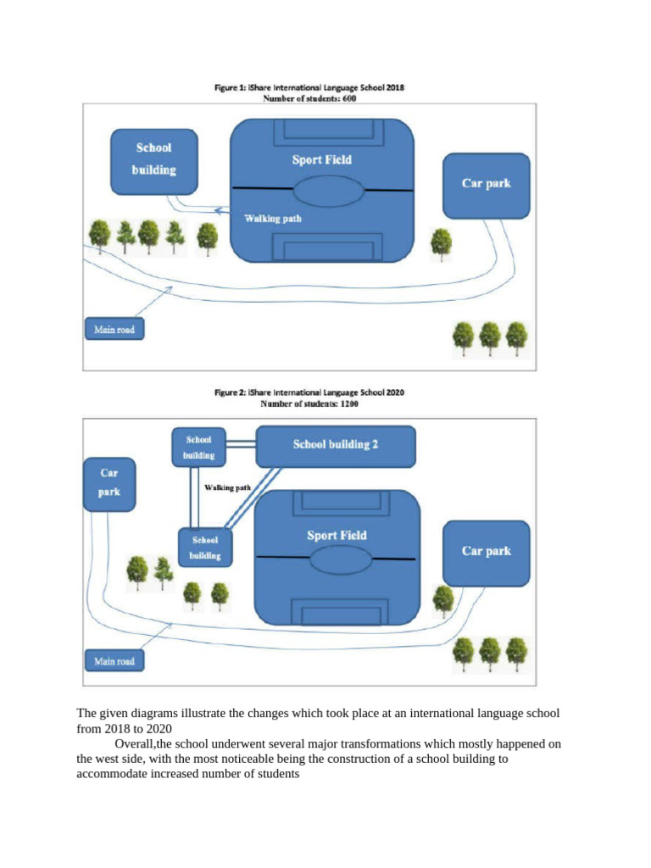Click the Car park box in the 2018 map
(x=486, y=184)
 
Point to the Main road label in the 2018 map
(x=114, y=328)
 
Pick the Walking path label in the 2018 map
(x=273, y=219)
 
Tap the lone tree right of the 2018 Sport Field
(x=441, y=242)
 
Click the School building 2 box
(x=336, y=446)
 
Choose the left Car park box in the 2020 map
(x=109, y=482)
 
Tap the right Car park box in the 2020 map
(x=486, y=552)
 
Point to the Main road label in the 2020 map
(x=114, y=659)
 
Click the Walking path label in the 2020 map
(x=227, y=488)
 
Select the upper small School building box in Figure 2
(x=199, y=448)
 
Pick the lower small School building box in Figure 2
(x=205, y=548)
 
